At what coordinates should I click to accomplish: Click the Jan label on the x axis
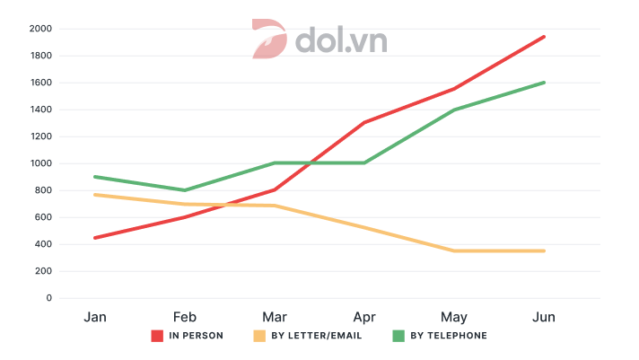pyautogui.click(x=95, y=317)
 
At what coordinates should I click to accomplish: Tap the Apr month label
pyautogui.click(x=364, y=317)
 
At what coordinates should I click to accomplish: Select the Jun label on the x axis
pyautogui.click(x=544, y=317)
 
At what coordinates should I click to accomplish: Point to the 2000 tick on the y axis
pyautogui.click(x=40, y=29)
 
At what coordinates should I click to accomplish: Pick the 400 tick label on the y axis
pyautogui.click(x=44, y=244)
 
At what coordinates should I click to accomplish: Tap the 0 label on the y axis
pyautogui.click(x=48, y=298)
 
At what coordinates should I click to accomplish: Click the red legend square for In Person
pyautogui.click(x=157, y=336)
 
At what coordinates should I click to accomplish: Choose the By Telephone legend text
pyautogui.click(x=449, y=336)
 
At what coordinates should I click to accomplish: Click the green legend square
pyautogui.click(x=398, y=336)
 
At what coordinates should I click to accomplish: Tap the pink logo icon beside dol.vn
pyautogui.click(x=268, y=40)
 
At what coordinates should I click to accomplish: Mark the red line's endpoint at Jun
pyautogui.click(x=544, y=37)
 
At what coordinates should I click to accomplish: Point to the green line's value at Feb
pyautogui.click(x=185, y=190)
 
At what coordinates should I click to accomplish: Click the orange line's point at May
pyautogui.click(x=454, y=250)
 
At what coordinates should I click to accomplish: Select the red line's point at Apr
pyautogui.click(x=364, y=122)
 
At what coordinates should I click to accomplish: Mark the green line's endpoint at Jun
pyautogui.click(x=544, y=83)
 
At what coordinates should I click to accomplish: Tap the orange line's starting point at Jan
pyautogui.click(x=95, y=195)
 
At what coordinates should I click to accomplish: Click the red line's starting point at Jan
pyautogui.click(x=95, y=238)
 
